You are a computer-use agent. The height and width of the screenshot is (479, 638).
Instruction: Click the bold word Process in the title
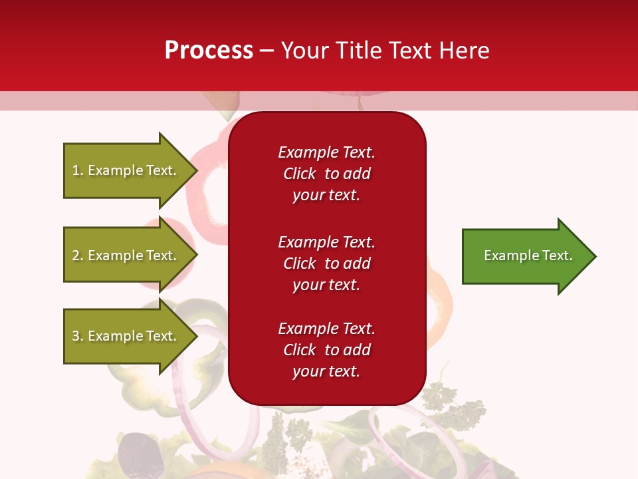click(209, 51)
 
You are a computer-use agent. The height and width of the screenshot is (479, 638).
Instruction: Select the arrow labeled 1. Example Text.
click(126, 170)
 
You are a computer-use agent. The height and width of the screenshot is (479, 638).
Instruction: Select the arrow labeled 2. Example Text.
click(126, 255)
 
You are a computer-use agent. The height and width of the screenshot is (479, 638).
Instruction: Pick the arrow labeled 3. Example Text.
click(126, 336)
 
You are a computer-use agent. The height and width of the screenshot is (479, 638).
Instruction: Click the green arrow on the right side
click(525, 255)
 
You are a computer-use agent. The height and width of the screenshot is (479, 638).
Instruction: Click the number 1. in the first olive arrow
click(78, 170)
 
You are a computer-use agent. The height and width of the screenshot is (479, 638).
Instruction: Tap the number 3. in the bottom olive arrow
click(78, 336)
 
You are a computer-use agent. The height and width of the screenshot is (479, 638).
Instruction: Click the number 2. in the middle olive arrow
click(78, 255)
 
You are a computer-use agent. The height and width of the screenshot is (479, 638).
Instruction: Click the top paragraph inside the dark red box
click(326, 174)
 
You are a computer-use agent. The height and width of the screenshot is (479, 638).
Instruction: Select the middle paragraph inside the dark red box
click(326, 263)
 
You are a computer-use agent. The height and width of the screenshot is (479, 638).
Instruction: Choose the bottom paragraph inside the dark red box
click(326, 350)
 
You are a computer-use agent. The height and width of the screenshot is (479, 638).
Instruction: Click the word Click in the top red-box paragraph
click(299, 174)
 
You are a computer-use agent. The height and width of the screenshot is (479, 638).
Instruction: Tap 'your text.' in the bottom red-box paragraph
click(326, 371)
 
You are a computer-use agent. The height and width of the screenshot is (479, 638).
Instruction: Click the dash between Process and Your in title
click(267, 51)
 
